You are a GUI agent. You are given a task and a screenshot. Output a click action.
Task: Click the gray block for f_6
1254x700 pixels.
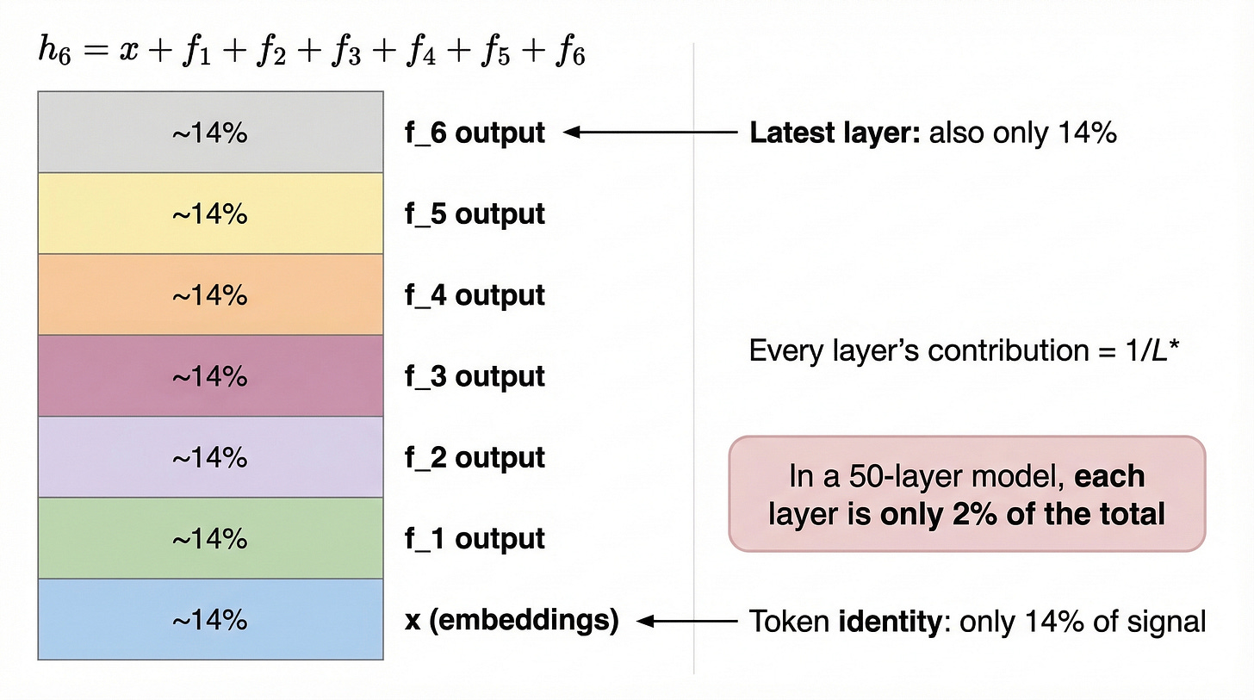pyautogui.click(x=210, y=133)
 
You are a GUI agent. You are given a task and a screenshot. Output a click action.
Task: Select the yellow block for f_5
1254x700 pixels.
pyautogui.click(x=210, y=214)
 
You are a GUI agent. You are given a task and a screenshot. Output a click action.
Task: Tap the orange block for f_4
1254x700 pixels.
pyautogui.click(x=210, y=294)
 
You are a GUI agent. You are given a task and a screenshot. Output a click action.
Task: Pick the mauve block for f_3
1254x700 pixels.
pyautogui.click(x=210, y=376)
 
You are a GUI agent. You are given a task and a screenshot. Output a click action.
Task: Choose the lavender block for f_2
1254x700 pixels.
pyautogui.click(x=210, y=457)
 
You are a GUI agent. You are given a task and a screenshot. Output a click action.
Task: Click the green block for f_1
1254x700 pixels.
pyautogui.click(x=210, y=539)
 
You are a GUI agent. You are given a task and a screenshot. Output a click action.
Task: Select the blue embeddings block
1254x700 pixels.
pyautogui.click(x=210, y=620)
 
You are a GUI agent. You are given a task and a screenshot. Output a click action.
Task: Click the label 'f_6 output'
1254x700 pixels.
pyautogui.click(x=475, y=133)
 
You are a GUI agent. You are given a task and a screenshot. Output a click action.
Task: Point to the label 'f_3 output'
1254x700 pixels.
pyautogui.click(x=475, y=376)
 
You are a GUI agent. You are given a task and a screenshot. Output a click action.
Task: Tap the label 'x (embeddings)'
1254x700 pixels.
pyautogui.click(x=512, y=620)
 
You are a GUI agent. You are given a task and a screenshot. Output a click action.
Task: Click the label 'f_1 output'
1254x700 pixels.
pyautogui.click(x=475, y=539)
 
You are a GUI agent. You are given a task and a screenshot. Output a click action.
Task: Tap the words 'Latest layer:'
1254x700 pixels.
pyautogui.click(x=835, y=133)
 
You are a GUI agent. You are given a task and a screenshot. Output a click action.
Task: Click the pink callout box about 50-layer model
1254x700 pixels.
pyautogui.click(x=966, y=494)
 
